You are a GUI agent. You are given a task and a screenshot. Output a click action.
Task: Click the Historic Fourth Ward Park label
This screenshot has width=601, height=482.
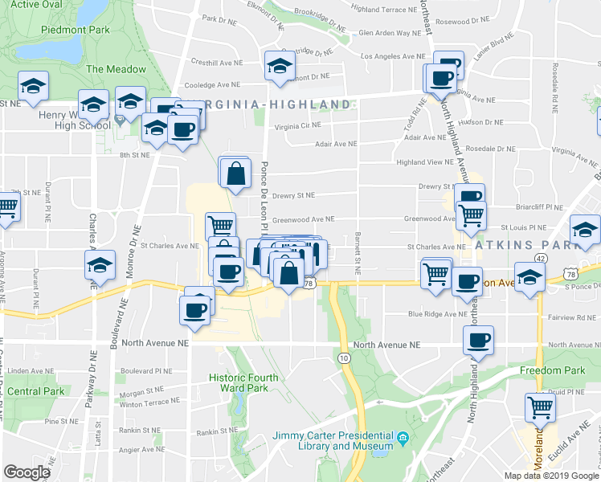coord(243,382)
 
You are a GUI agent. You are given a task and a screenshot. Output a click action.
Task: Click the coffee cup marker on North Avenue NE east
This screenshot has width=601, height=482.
coord(479,341)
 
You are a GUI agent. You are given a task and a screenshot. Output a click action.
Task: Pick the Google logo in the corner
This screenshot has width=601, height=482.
coord(27,472)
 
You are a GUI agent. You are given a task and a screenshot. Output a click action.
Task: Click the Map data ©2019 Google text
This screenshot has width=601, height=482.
coord(551,476)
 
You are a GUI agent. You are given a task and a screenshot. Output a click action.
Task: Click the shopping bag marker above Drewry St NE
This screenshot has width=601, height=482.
coord(235,172)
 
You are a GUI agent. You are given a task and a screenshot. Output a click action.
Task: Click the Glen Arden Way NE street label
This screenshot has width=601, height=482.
coord(390,33)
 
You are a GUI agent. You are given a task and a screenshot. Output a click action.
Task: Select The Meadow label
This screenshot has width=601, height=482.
coord(117,69)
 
